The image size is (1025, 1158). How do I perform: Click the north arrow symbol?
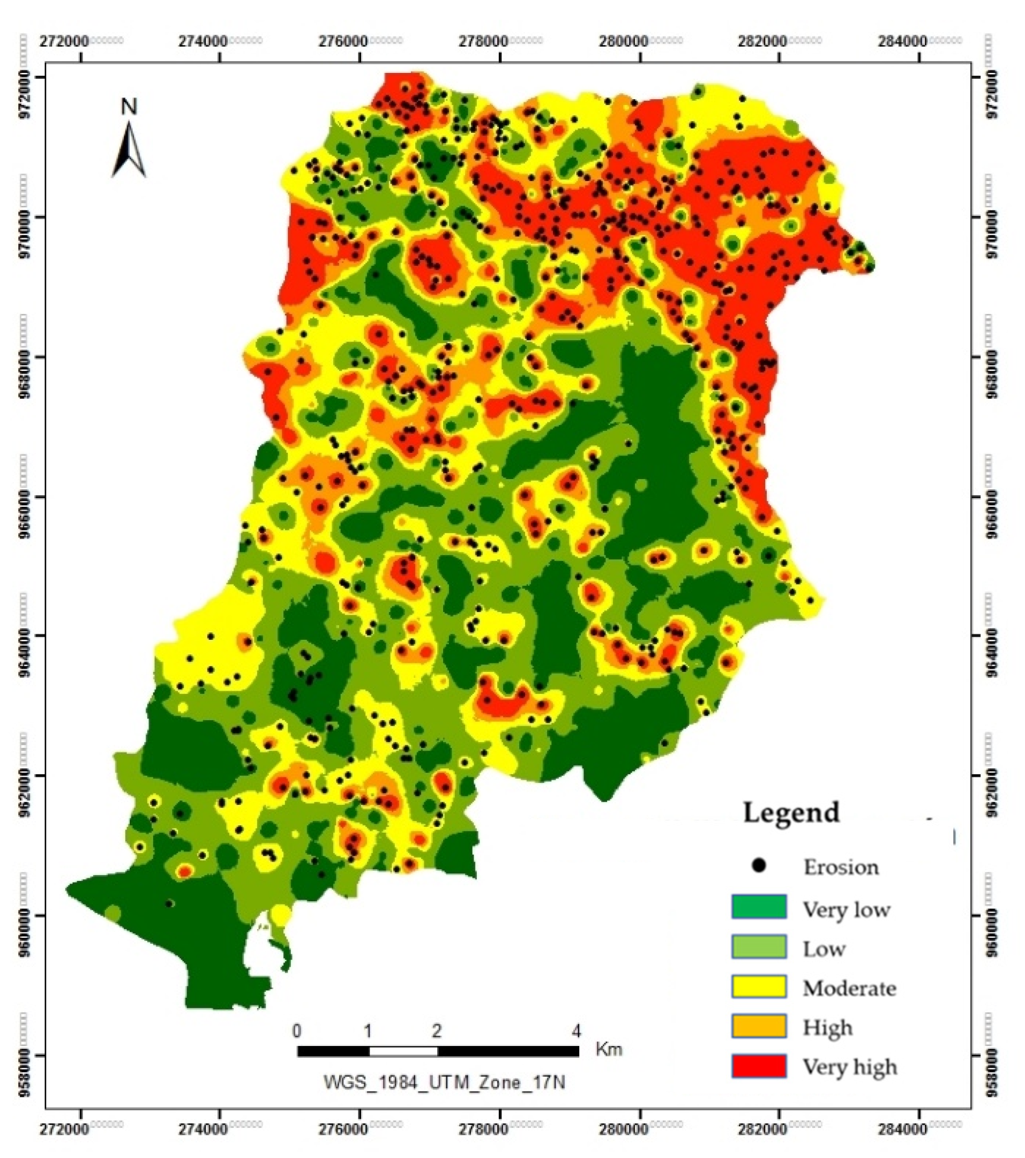130,151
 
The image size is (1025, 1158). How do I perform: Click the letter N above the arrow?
129,107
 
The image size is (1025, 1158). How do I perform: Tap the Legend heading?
791,812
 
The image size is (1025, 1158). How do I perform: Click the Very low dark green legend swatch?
759,907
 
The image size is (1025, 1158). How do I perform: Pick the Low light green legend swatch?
759,946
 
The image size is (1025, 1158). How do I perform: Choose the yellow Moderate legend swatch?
759,986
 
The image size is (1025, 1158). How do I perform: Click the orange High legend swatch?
759,1026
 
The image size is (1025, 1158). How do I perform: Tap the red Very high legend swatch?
759,1066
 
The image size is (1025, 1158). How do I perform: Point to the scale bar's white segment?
403,1051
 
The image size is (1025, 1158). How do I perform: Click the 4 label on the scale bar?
576,1031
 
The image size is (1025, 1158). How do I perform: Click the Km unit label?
609,1050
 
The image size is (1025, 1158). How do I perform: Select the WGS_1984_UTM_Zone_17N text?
444,1082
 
